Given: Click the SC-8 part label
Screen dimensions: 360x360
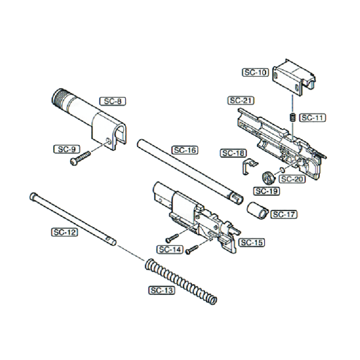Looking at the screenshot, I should point(112,101).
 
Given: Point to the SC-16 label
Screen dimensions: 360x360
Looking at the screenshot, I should point(184,150).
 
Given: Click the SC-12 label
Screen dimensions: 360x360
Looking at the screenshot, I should point(64,232).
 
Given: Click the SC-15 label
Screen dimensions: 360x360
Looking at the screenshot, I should point(251,243).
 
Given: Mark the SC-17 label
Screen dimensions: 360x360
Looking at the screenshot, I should point(284,214).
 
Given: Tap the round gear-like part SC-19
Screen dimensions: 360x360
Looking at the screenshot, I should point(268,179).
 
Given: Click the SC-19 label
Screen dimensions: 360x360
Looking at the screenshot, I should point(266,191).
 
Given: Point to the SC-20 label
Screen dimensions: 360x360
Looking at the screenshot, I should point(292,179).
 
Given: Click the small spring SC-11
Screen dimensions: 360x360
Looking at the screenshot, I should point(291,118).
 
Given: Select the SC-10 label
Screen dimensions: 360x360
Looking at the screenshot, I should point(256,72).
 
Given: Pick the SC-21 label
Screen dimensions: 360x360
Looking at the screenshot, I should point(242,100).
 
